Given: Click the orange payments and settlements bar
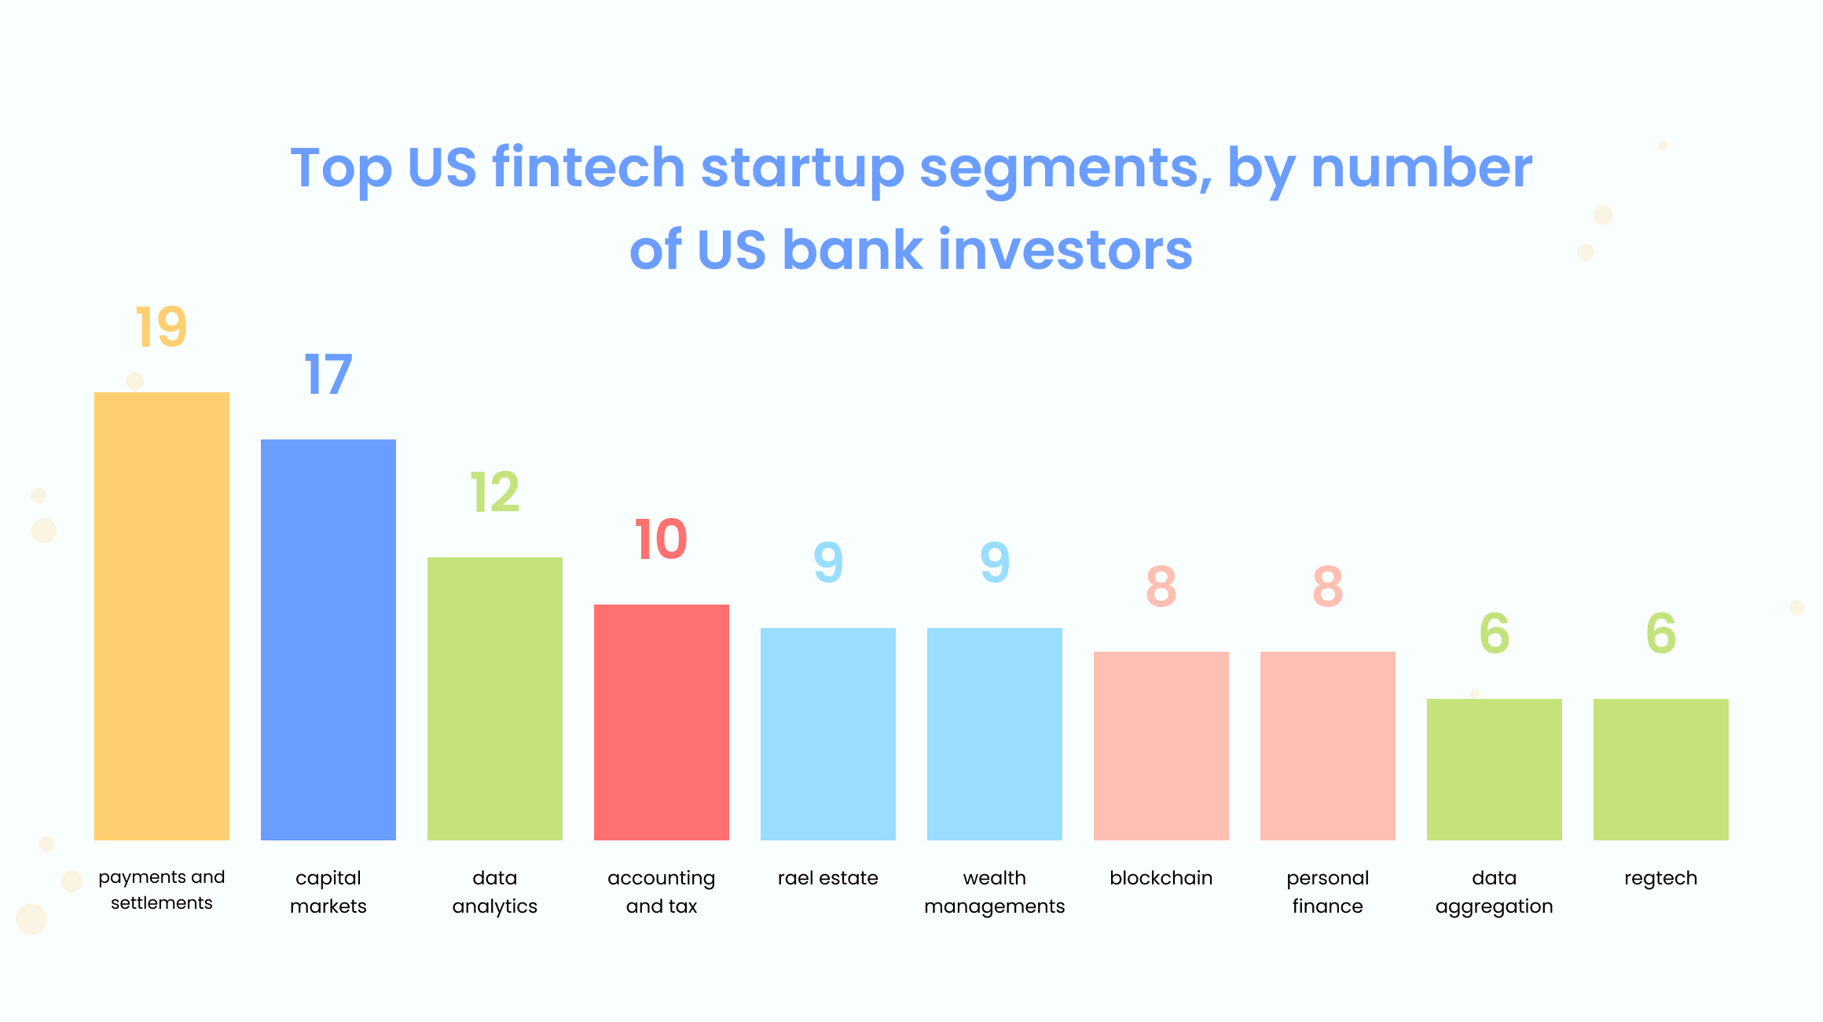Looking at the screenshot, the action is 162,616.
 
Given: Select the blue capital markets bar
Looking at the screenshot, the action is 328,640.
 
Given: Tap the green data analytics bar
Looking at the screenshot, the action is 495,699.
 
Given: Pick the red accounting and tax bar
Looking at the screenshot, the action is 662,722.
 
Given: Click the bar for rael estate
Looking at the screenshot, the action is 828,734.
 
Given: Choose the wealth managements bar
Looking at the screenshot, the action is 995,734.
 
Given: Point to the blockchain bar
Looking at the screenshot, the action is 1161,746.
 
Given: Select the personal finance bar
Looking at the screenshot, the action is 1328,746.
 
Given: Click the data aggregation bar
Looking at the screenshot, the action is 1495,770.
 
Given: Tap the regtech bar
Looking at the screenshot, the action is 1661,770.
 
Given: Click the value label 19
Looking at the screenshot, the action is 161,327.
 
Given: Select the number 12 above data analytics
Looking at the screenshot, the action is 495,492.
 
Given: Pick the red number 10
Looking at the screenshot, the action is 661,539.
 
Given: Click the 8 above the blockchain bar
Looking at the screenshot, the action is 1161,586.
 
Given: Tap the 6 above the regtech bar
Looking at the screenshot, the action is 1661,634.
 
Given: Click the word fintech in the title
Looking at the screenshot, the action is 589,167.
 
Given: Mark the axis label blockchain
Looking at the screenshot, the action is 1161,878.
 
